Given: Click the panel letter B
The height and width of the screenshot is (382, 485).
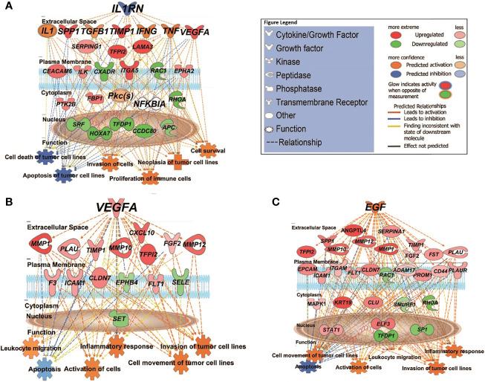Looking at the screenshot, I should click(x=7, y=201).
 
